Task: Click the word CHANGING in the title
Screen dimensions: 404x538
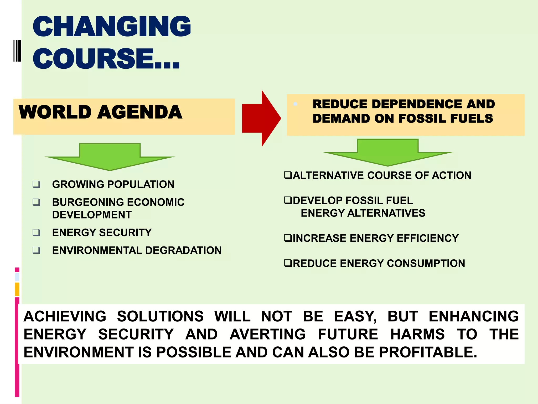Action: tap(112, 27)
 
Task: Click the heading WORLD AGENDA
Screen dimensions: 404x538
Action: tap(100, 112)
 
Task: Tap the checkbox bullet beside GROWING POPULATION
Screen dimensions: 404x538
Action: tap(36, 184)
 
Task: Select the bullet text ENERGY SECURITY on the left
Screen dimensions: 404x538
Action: tap(102, 233)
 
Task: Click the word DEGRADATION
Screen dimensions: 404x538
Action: tap(183, 250)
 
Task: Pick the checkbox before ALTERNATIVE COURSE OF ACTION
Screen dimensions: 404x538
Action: tap(288, 175)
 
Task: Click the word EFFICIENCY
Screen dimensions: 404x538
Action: tap(428, 238)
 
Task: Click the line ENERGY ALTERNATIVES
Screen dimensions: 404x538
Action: tap(363, 213)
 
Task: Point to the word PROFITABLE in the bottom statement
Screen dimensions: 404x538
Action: tap(428, 352)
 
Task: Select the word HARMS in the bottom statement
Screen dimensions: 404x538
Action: tap(417, 334)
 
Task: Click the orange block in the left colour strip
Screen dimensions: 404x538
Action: tap(17, 289)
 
